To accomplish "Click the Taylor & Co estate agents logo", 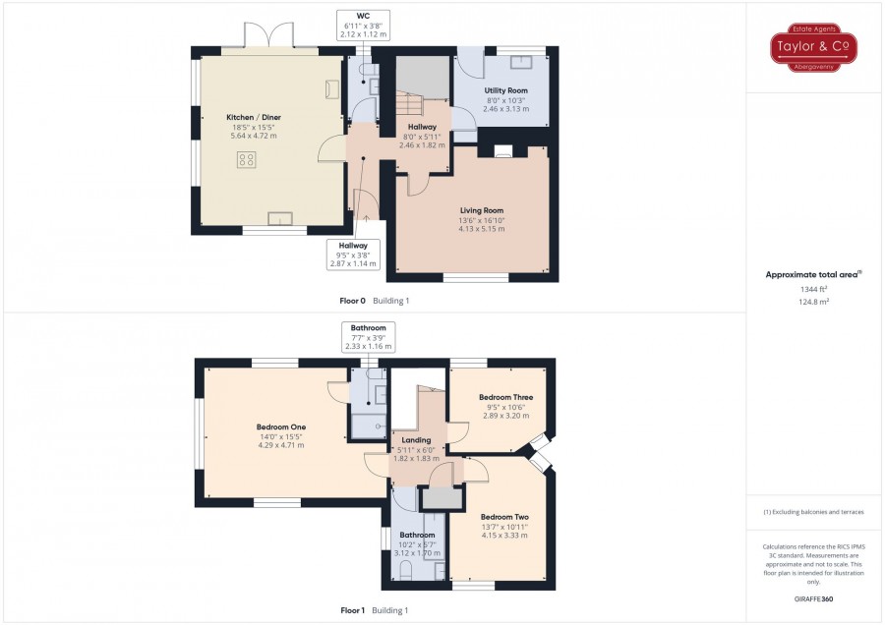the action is (x=813, y=47).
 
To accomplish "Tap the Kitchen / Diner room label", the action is (x=254, y=117).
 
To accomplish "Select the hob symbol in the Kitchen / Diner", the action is (x=247, y=159).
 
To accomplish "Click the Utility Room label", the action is (x=505, y=90).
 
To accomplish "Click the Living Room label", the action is (x=482, y=210).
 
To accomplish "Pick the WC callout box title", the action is (x=363, y=16).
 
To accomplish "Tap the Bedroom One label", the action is (x=281, y=427).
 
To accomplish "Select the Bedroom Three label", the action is (x=505, y=397).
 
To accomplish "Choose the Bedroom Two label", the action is (x=504, y=517).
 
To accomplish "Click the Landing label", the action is (x=416, y=440).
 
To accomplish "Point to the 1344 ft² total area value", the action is (x=813, y=289).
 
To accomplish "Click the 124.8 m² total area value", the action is (x=813, y=302).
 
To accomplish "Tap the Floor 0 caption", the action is (x=352, y=301).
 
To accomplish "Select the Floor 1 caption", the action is (x=353, y=610).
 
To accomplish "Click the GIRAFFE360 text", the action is (x=813, y=599).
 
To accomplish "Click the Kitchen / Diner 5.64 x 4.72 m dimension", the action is (x=254, y=136).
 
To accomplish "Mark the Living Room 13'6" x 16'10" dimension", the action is (x=482, y=220).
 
